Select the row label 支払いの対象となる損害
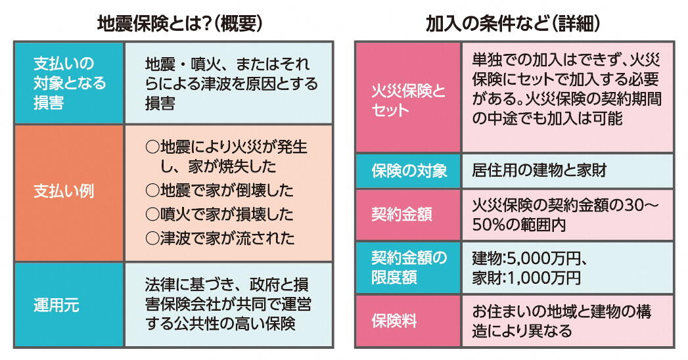[69, 83]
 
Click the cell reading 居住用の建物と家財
[538, 171]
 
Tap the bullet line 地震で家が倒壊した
[219, 191]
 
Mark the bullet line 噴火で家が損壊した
[219, 214]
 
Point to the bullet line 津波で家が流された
[219, 237]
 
